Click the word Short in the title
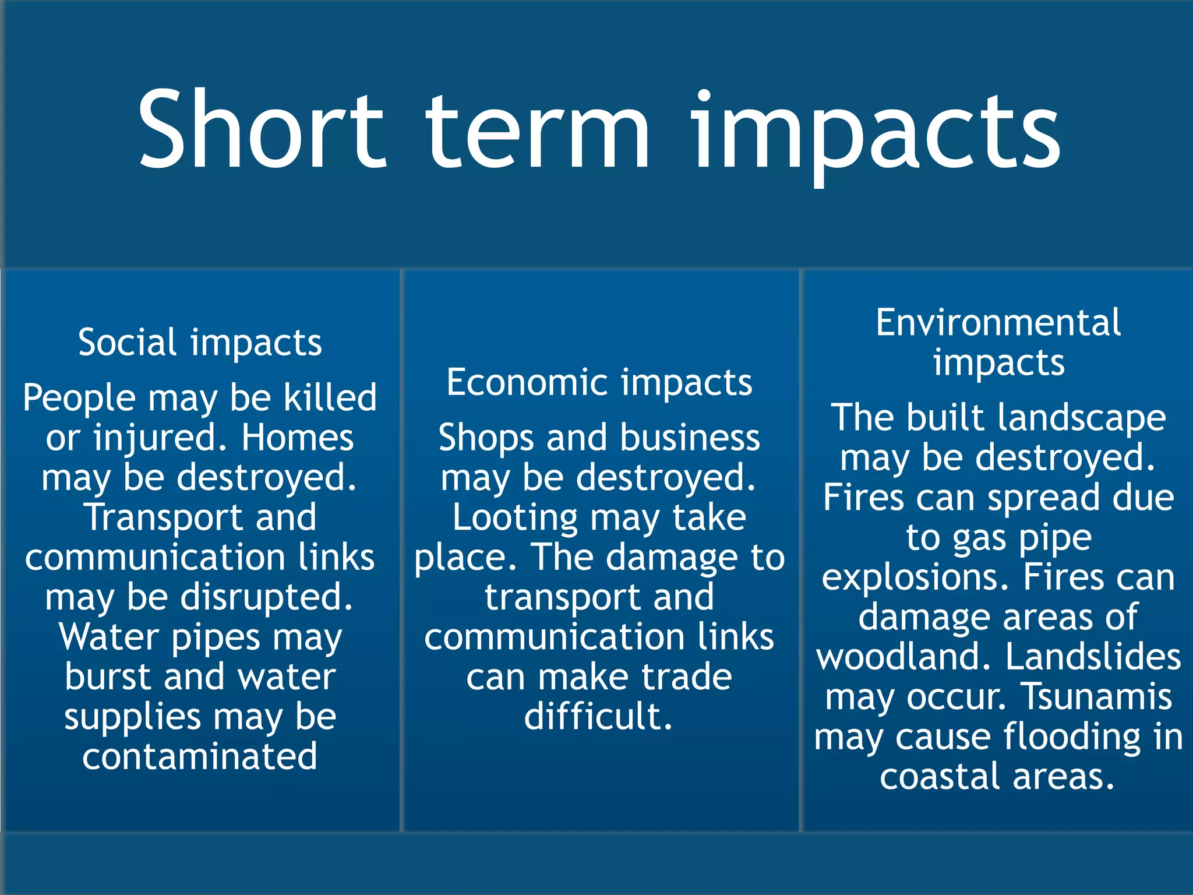pyautogui.click(x=260, y=129)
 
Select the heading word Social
pyautogui.click(x=127, y=342)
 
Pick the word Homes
pyautogui.click(x=297, y=438)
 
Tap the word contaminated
pyautogui.click(x=200, y=756)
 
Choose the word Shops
pyautogui.click(x=486, y=438)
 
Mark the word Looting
pyautogui.click(x=515, y=517)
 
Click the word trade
pyautogui.click(x=687, y=676)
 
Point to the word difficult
pyautogui.click(x=598, y=716)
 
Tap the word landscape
pyautogui.click(x=1081, y=418)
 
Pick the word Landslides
pyautogui.click(x=1093, y=657)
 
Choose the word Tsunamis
pyautogui.click(x=1097, y=696)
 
